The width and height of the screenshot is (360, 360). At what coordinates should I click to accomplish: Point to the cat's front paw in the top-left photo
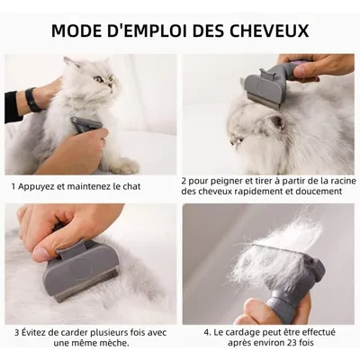coord(126,166)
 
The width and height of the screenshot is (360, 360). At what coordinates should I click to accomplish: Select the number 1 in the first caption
coord(13,187)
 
